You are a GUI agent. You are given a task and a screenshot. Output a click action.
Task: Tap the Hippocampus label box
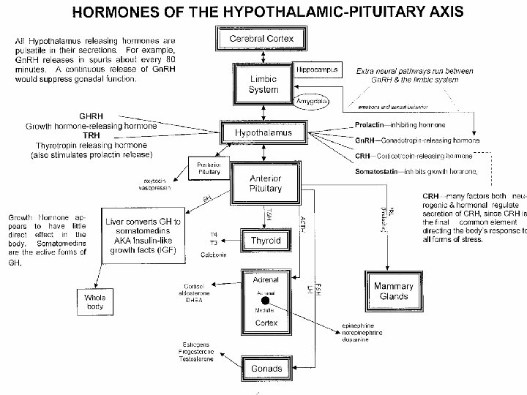click(x=316, y=67)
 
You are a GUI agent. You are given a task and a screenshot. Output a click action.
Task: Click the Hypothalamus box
click(x=263, y=133)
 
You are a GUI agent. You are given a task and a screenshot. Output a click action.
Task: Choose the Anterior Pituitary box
click(x=265, y=183)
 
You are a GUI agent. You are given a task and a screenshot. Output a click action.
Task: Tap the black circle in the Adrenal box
click(x=265, y=301)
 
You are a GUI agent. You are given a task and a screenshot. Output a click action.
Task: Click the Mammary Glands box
click(x=395, y=290)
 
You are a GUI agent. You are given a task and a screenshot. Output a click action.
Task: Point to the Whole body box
click(x=97, y=302)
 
